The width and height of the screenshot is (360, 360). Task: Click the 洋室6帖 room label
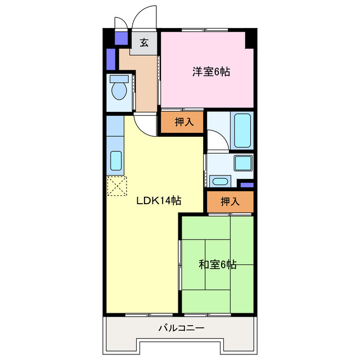[211, 71]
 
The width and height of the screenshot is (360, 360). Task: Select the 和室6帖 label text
[217, 264]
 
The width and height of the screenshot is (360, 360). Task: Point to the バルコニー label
[181, 327]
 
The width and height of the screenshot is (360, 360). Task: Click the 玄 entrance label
[145, 43]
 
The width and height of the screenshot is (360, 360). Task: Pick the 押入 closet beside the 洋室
[182, 123]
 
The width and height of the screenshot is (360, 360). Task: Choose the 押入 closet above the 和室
[229, 201]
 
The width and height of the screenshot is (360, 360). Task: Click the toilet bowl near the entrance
[118, 89]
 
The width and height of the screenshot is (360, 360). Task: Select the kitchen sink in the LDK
[116, 160]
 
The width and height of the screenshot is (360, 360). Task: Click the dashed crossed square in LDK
[117, 186]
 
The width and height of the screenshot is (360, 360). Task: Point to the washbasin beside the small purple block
[219, 181]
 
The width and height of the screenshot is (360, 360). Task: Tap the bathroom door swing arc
[217, 139]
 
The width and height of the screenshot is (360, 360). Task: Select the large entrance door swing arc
[144, 17]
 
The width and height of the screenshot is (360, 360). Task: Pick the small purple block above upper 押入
[246, 184]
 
